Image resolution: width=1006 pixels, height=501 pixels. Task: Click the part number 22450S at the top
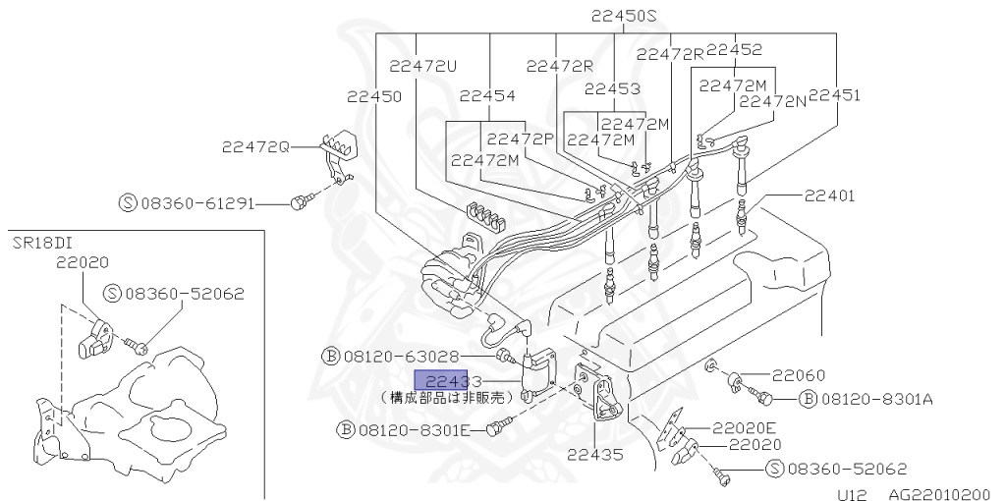tap(623, 16)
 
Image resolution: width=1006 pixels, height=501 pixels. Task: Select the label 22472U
tap(423, 66)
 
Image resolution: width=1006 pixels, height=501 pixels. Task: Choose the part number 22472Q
tap(255, 146)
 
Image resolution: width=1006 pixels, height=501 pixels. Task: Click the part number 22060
tap(798, 374)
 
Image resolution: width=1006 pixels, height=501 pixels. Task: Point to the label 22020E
tap(745, 427)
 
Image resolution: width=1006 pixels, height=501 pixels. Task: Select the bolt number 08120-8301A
tap(876, 398)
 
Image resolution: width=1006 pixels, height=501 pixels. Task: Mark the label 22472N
tap(772, 101)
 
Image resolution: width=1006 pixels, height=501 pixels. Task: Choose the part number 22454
tap(487, 95)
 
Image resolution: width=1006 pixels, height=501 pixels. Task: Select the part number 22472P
tap(521, 139)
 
